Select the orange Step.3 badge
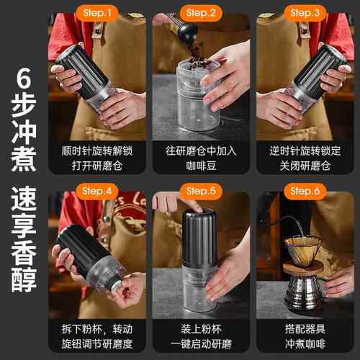305,13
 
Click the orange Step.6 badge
305,192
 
